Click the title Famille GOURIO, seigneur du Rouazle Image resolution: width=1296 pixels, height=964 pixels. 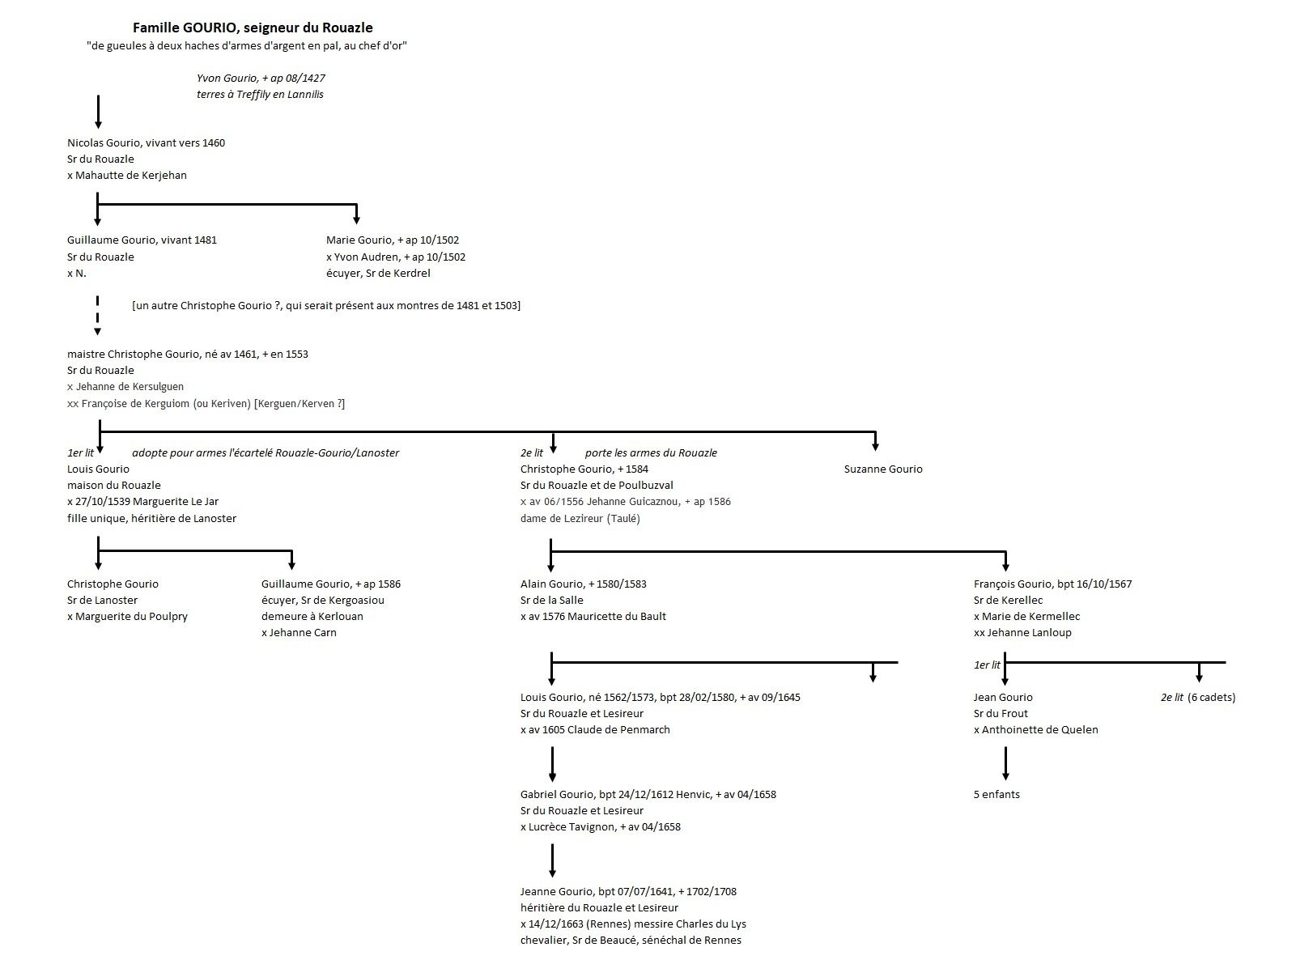(253, 28)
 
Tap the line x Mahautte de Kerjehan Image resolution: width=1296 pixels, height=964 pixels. (127, 176)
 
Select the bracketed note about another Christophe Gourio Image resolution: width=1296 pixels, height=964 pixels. (326, 306)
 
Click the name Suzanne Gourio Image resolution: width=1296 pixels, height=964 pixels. (883, 469)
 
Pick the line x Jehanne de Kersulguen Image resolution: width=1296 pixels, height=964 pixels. (125, 387)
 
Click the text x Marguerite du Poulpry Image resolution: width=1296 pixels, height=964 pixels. (127, 617)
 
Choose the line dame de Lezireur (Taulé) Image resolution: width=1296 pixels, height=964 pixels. (580, 519)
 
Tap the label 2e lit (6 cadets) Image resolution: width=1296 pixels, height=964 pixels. (1198, 698)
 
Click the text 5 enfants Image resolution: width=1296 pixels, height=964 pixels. (996, 795)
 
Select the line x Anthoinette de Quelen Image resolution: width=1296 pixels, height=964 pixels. (1036, 730)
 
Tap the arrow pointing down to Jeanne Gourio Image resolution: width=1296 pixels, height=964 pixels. (552, 861)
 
